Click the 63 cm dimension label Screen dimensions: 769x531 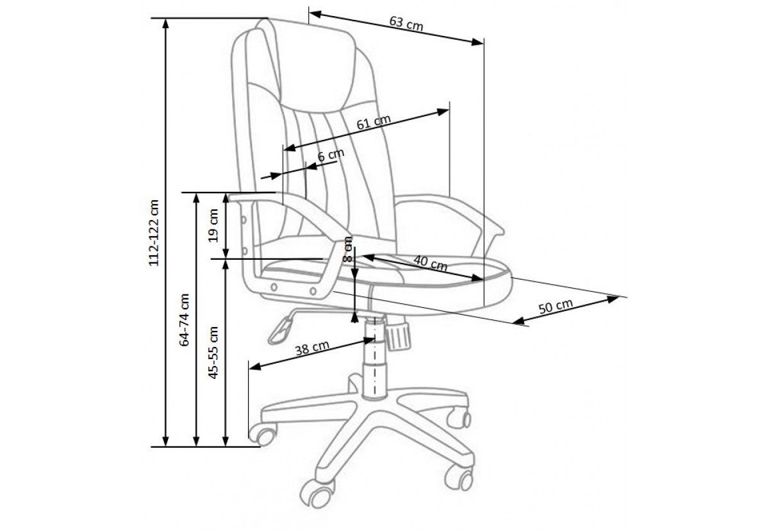click(x=406, y=24)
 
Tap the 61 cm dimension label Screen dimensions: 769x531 click(x=374, y=122)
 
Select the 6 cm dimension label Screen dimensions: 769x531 click(x=331, y=155)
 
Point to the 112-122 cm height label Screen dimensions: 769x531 click(x=154, y=233)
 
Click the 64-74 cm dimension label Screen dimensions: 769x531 click(x=185, y=320)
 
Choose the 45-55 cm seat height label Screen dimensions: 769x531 click(x=213, y=353)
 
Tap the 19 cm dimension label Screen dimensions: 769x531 click(x=213, y=225)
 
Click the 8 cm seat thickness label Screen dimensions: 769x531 click(x=348, y=249)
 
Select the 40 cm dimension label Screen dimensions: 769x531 click(x=430, y=263)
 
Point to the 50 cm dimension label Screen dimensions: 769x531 click(x=556, y=306)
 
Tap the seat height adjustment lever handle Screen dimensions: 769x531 click(x=280, y=330)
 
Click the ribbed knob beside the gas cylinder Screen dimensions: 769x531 click(x=397, y=336)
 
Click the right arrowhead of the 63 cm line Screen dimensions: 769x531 click(x=477, y=42)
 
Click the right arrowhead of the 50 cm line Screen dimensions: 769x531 click(x=612, y=299)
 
